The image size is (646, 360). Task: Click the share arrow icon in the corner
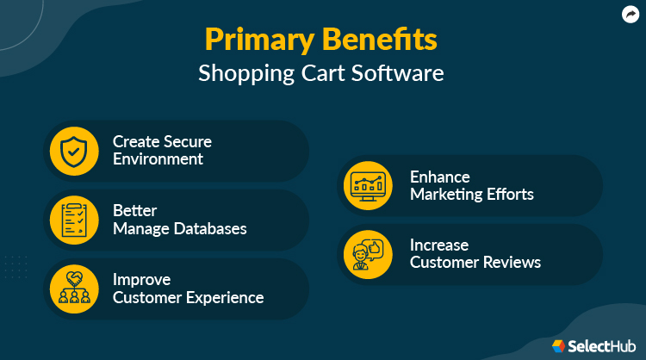pyautogui.click(x=630, y=14)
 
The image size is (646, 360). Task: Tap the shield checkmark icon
pyautogui.click(x=74, y=150)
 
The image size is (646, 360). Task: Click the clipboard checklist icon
pyautogui.click(x=74, y=219)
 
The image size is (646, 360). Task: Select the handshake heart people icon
pyautogui.click(x=74, y=289)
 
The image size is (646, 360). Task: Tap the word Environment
pyautogui.click(x=158, y=159)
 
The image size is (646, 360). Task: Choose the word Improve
pyautogui.click(x=141, y=280)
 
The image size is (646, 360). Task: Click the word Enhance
pyautogui.click(x=439, y=176)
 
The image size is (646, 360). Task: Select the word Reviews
pyautogui.click(x=512, y=263)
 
